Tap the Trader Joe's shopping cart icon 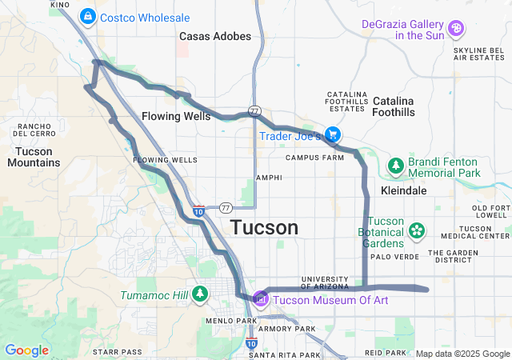pos(332,134)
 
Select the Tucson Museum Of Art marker pos(260,299)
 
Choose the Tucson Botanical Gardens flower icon pos(417,232)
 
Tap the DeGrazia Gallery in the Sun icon pos(456,29)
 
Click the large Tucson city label pos(265,227)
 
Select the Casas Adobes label pos(215,36)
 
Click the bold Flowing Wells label pos(176,116)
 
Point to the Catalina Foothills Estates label pos(346,102)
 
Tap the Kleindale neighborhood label pos(404,191)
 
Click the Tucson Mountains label pos(34,157)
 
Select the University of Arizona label pos(325,282)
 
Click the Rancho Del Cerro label pos(34,130)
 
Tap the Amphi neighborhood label pos(269,178)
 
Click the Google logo pos(26,350)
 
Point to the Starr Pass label pos(117,351)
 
